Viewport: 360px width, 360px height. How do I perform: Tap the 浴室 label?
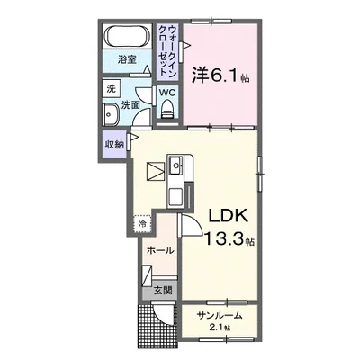point(128,60)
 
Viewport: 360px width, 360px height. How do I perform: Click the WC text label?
point(167,92)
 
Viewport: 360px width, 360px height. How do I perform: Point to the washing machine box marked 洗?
point(111,88)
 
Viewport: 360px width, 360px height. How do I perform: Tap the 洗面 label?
point(130,105)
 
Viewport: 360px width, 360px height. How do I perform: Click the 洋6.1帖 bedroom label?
point(220,75)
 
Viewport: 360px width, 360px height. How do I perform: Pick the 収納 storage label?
point(114,144)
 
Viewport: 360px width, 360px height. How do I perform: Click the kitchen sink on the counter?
point(176,165)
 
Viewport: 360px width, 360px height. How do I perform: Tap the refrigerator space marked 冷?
point(142,224)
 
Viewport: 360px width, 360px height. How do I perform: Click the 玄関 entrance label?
point(160,290)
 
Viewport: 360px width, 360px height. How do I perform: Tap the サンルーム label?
point(220,316)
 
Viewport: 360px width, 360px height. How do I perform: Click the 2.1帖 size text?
point(220,328)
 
